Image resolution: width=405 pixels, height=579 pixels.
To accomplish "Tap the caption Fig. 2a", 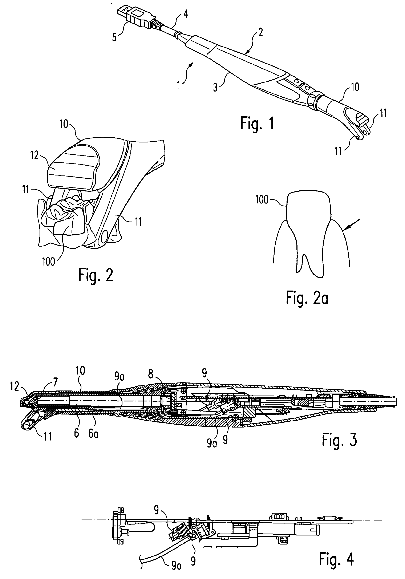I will pos(307,297).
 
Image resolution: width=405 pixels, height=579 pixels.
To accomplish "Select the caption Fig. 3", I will pos(339,440).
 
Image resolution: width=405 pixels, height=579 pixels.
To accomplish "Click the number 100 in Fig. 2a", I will pos(262,200).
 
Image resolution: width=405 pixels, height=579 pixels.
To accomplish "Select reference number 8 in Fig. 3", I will pos(151,374).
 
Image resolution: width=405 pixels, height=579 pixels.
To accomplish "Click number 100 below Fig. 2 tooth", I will pos(48,262).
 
